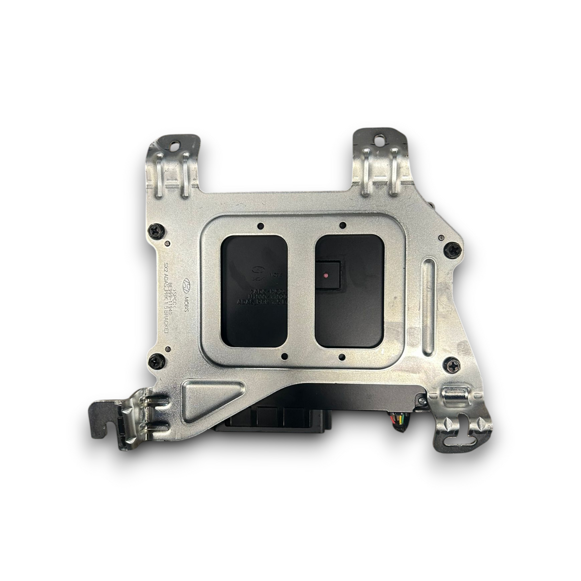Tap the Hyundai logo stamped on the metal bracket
tap(187, 284)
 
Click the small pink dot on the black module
tap(325, 275)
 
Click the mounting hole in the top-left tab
tap(174, 144)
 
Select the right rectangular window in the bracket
tap(350, 288)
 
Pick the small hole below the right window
tap(342, 358)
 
